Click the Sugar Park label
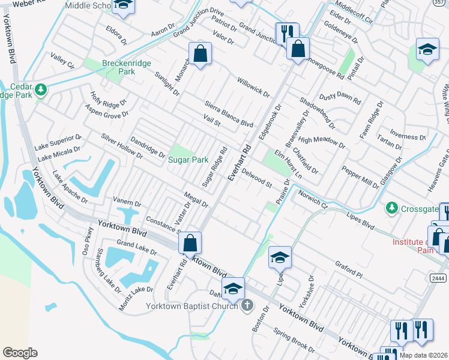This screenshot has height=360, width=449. [x=188, y=160]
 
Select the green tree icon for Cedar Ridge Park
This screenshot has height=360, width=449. [x=41, y=90]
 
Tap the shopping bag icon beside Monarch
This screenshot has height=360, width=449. [x=200, y=54]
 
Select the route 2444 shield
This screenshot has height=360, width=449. [x=438, y=278]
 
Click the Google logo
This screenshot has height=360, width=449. [x=20, y=353]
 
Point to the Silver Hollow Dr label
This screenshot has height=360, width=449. [x=122, y=146]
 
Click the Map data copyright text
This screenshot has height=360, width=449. [x=424, y=355]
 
